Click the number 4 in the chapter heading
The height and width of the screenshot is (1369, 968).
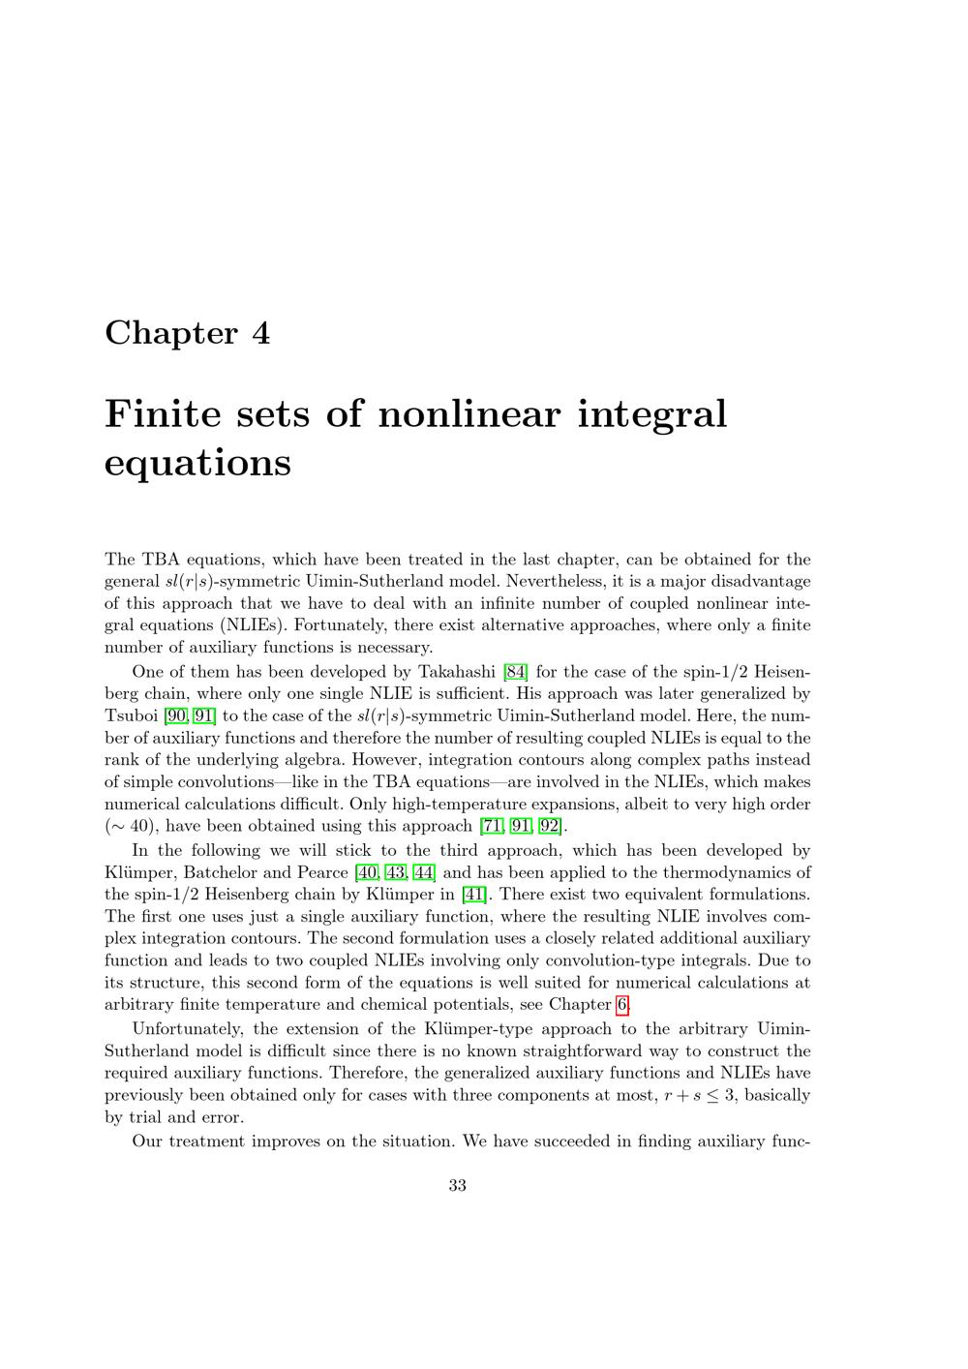point(261,333)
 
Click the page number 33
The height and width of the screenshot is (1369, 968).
point(458,1185)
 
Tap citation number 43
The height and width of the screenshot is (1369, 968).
point(396,872)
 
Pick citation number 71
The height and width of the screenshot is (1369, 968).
point(492,826)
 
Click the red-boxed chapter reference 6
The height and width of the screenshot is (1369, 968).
point(622,1004)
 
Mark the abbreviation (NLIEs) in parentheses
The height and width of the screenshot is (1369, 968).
point(251,625)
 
